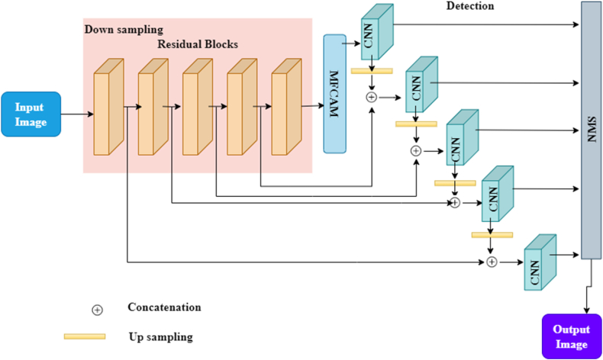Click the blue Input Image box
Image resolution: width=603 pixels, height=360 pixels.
[31, 114]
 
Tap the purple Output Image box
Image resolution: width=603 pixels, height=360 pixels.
[571, 336]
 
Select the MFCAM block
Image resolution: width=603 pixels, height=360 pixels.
[335, 93]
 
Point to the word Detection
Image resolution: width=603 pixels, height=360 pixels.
[469, 6]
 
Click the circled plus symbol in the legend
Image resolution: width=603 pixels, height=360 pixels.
[97, 310]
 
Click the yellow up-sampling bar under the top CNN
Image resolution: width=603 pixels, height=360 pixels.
[372, 71]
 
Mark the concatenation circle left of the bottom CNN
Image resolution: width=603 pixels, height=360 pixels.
[492, 262]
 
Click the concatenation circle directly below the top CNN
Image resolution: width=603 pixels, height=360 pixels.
[372, 97]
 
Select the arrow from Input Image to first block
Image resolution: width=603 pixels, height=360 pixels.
[76, 115]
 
